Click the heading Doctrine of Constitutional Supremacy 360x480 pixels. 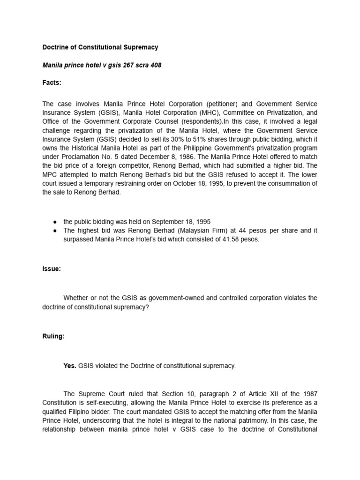tap(100, 47)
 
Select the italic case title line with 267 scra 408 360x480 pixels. tap(102, 65)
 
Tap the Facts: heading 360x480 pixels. tap(52, 83)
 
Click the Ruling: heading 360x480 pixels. tap(53, 337)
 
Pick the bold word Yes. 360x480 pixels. tap(70, 366)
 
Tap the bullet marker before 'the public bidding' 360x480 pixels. tap(55, 221)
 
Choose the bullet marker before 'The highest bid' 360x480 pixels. tap(55, 230)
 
